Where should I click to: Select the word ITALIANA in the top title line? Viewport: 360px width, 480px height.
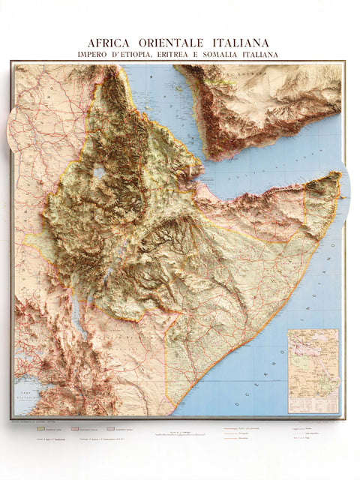pyautogui.click(x=241, y=43)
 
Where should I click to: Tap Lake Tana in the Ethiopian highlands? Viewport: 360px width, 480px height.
pyautogui.click(x=100, y=172)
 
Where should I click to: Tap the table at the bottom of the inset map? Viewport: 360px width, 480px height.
pyautogui.click(x=313, y=403)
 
